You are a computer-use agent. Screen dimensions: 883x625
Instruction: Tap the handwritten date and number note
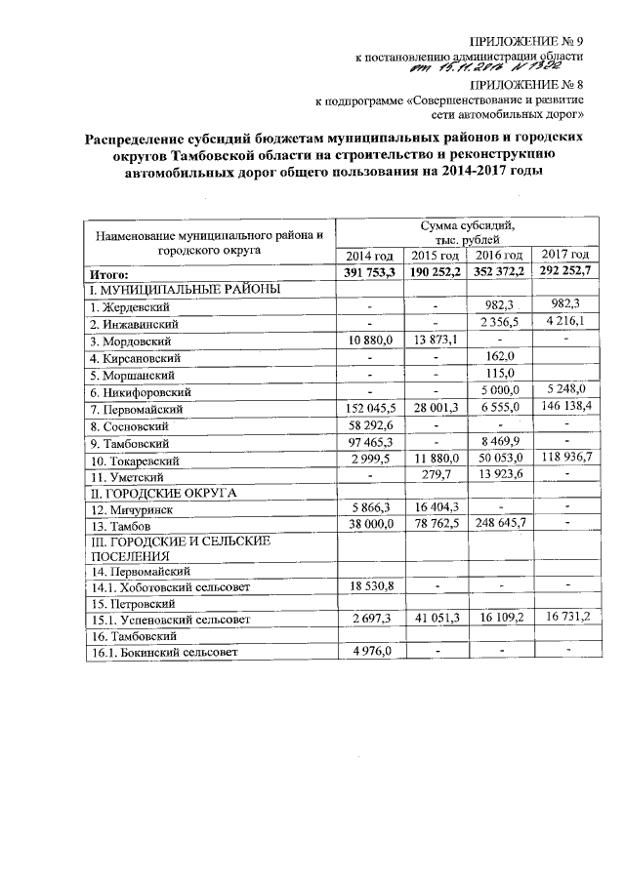pyautogui.click(x=496, y=67)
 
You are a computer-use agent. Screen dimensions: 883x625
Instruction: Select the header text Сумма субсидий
pyautogui.click(x=467, y=226)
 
